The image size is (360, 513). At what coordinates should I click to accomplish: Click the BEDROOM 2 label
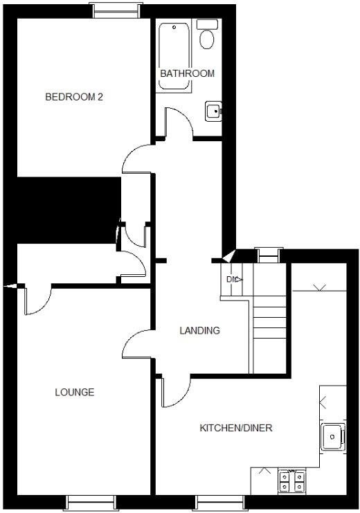pos(74,97)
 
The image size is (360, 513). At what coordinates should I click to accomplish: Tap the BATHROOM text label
pos(187,73)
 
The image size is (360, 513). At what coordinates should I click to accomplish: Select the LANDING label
pos(199,330)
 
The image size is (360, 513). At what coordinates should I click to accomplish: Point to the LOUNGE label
pos(75,393)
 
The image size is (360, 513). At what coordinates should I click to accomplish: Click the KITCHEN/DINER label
pos(236,428)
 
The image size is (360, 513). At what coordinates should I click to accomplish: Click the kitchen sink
pos(333,436)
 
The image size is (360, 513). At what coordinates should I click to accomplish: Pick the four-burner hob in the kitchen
pos(291,481)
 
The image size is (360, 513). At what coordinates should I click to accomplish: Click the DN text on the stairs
pos(232,279)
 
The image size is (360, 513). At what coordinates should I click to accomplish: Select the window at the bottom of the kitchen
pos(219,503)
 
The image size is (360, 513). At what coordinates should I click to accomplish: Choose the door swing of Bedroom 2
pos(136,159)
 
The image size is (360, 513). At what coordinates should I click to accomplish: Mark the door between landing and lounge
pos(137,343)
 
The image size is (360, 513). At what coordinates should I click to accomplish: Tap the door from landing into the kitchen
pos(173,393)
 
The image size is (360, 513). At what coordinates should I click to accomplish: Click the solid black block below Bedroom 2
pos(66,209)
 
